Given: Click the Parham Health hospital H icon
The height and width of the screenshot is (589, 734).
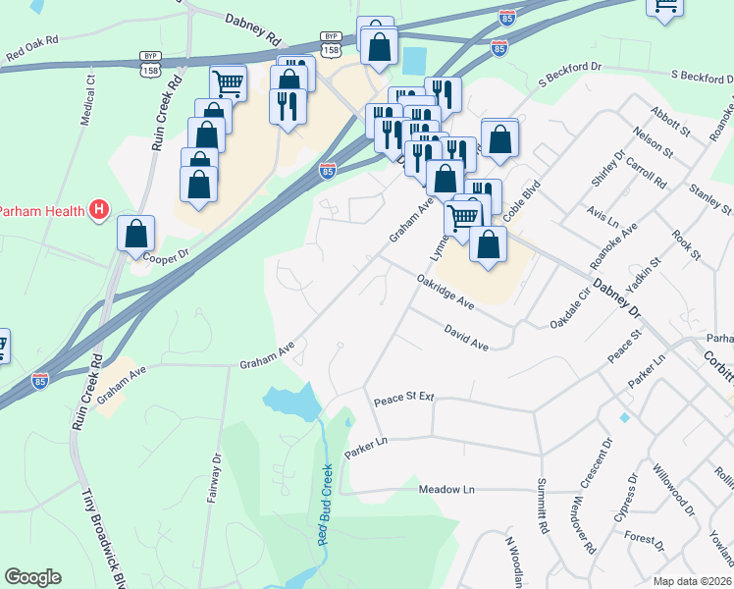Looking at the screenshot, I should point(98,209).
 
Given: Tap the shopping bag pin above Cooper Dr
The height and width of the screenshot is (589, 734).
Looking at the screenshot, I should point(136,234).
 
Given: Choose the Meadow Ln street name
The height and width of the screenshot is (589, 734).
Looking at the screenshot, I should point(446,489).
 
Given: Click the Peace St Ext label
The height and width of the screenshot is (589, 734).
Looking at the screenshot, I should point(403,401).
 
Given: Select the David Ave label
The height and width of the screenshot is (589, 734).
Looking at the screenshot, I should point(465,339).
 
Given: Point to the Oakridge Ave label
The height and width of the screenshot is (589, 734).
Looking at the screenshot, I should point(446,294).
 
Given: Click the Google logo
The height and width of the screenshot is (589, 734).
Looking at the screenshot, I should point(32,577).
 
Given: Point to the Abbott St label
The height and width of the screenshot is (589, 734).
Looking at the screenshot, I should point(676,115).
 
